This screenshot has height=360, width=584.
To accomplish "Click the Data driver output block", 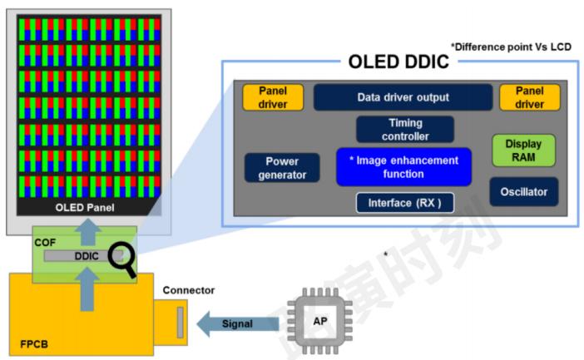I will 403,97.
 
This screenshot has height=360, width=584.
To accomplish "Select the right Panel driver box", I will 530,97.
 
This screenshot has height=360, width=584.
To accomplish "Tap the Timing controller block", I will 404,129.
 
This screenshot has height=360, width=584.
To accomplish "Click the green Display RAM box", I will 523,150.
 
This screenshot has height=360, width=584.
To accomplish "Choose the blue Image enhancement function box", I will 403,167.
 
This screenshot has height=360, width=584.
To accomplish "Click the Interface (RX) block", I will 404,203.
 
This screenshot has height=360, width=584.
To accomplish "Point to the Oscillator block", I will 523,192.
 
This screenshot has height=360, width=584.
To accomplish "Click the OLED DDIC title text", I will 398,62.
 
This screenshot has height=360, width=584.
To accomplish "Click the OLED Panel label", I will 85,207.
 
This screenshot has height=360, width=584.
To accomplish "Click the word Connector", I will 188,290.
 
